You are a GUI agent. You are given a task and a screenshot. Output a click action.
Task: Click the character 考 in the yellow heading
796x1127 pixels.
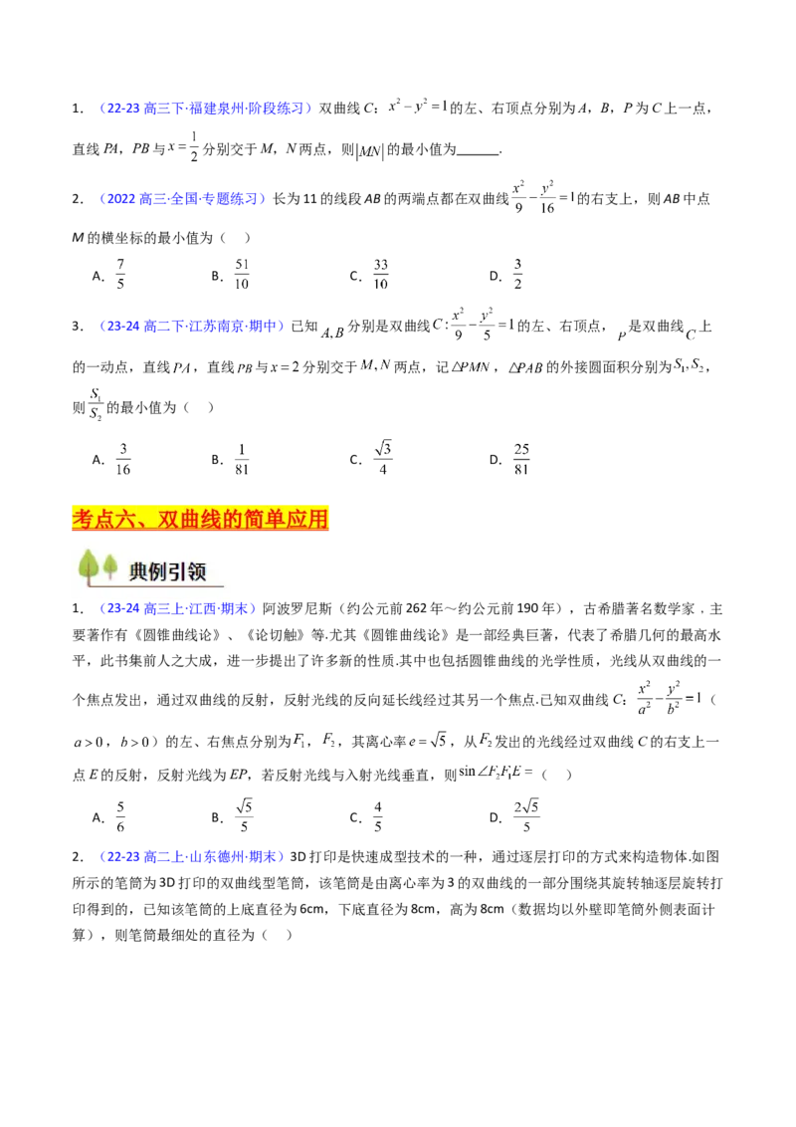84,519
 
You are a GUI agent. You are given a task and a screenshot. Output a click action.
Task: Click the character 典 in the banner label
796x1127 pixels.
140,570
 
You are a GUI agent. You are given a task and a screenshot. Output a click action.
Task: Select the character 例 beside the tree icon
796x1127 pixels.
162,570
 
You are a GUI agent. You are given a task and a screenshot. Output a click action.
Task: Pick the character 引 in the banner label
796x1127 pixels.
184,570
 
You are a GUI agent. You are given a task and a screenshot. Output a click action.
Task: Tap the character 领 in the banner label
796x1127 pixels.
207,570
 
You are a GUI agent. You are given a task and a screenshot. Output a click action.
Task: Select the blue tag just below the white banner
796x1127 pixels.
176,610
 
